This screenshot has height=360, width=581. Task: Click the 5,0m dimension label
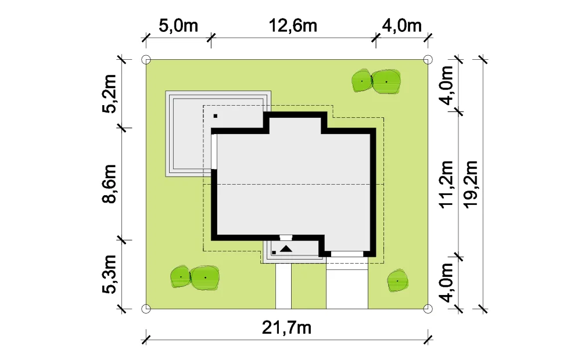point(178,26)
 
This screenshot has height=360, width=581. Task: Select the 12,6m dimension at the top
point(293,26)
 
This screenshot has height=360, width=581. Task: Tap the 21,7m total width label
point(286,328)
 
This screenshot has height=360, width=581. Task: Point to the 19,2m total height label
point(471,185)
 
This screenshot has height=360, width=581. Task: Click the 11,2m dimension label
point(446,185)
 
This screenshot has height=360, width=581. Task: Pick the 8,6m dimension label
point(109,184)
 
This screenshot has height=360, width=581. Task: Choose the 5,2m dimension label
point(109,93)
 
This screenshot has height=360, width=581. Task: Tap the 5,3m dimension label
point(109,275)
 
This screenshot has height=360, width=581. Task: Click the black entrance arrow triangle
point(286,249)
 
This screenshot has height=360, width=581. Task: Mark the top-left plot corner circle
point(146,59)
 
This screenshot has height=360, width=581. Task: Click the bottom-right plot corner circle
point(428,308)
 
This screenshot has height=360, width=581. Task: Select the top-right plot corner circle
point(428,59)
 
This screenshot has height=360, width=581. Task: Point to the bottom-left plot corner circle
point(146,308)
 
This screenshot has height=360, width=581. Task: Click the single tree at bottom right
point(397,280)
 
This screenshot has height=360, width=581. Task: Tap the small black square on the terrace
point(216,116)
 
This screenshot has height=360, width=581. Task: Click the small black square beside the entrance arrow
point(274,253)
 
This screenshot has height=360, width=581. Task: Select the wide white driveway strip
point(347,283)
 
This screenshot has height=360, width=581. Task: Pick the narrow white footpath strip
point(284,286)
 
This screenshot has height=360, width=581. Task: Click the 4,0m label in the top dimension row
point(402,26)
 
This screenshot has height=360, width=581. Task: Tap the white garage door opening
point(347,254)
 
